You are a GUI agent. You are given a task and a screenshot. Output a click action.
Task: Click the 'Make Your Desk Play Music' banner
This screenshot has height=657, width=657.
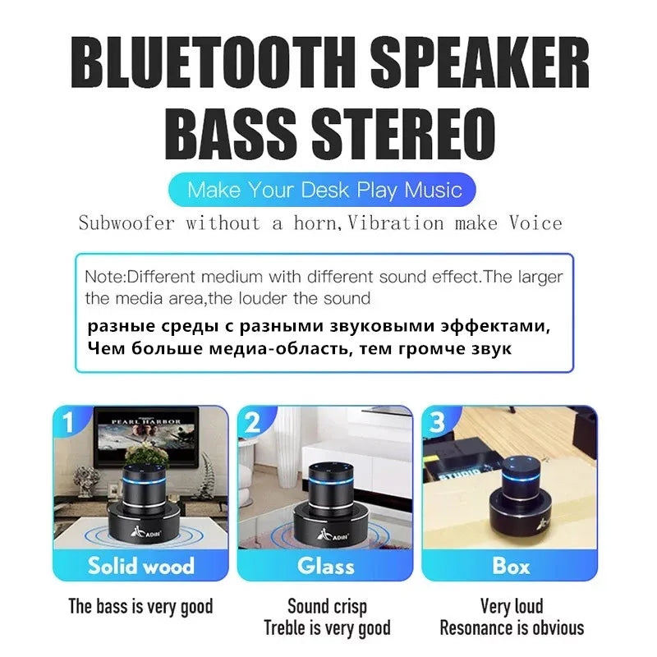pyautogui.click(x=324, y=190)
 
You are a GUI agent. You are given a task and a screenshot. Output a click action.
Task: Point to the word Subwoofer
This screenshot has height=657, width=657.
pyautogui.click(x=126, y=223)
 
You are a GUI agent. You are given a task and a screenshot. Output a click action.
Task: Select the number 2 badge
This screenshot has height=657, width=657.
pyautogui.click(x=253, y=424)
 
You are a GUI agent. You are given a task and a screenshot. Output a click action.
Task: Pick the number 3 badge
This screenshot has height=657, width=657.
pyautogui.click(x=438, y=424)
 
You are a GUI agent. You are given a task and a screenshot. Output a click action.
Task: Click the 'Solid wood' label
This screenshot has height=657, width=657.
pyautogui.click(x=140, y=565)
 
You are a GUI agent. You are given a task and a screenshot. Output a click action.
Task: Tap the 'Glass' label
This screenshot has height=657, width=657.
pyautogui.click(x=325, y=565)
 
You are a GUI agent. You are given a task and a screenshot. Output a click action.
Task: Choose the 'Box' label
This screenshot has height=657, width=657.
pyautogui.click(x=511, y=565)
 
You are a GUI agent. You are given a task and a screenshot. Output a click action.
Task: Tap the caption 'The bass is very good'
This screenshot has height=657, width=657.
pyautogui.click(x=140, y=608)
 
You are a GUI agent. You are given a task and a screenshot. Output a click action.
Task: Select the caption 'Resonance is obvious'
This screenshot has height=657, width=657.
pyautogui.click(x=512, y=628)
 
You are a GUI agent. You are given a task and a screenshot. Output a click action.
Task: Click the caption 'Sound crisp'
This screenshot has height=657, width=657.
pyautogui.click(x=327, y=608)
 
